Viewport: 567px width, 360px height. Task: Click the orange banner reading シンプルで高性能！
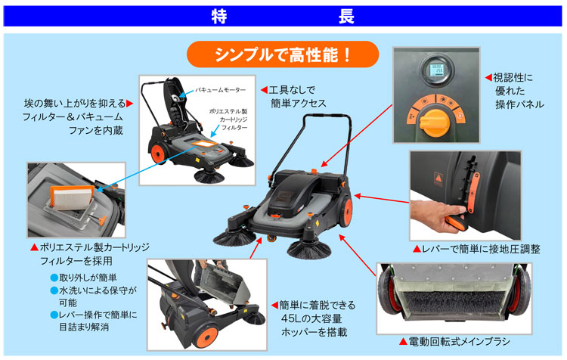[283, 54]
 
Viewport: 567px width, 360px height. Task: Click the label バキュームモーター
[220, 90]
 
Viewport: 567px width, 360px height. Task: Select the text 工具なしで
[292, 89]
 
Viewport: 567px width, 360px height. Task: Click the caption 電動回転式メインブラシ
[459, 342]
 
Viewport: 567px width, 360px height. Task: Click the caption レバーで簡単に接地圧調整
[481, 249]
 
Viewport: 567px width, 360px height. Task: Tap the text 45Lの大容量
[311, 318]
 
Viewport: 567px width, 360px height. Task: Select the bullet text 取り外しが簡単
[88, 278]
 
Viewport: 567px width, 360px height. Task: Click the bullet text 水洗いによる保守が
[98, 290]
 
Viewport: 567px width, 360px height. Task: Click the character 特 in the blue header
[219, 17]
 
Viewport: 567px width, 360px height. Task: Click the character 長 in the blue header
[346, 17]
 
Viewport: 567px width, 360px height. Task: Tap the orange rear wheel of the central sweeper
[346, 212]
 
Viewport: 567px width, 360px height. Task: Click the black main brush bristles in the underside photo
[453, 303]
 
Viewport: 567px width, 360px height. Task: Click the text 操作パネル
[519, 104]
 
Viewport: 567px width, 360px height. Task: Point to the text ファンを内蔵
[96, 130]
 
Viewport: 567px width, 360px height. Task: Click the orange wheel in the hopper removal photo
[206, 337]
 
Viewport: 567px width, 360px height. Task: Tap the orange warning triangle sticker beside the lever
[438, 178]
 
